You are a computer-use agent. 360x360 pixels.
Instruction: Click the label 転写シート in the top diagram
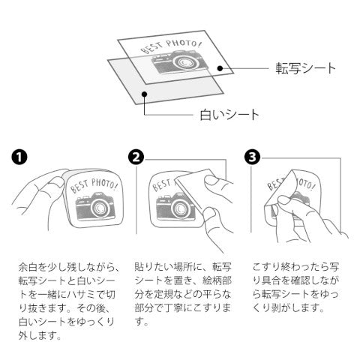click(305, 68)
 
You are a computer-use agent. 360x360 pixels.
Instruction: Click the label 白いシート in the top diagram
click(229, 115)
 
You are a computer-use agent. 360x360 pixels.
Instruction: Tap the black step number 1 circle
click(19, 157)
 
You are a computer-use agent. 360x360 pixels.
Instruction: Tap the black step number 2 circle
click(136, 157)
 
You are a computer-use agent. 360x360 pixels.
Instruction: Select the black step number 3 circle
click(252, 157)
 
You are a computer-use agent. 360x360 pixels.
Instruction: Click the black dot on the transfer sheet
click(220, 68)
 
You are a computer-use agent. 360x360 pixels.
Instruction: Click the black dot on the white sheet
click(144, 94)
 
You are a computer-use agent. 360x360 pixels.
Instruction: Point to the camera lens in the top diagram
click(184, 62)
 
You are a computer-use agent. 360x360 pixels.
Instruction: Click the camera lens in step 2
click(179, 208)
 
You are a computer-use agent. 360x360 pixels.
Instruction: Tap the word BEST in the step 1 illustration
click(79, 187)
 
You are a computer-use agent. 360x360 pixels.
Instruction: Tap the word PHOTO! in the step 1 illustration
click(104, 183)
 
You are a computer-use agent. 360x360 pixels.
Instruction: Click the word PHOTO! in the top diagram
click(184, 43)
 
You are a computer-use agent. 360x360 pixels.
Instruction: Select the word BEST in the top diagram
click(151, 49)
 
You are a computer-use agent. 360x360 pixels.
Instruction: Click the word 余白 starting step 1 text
click(28, 267)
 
